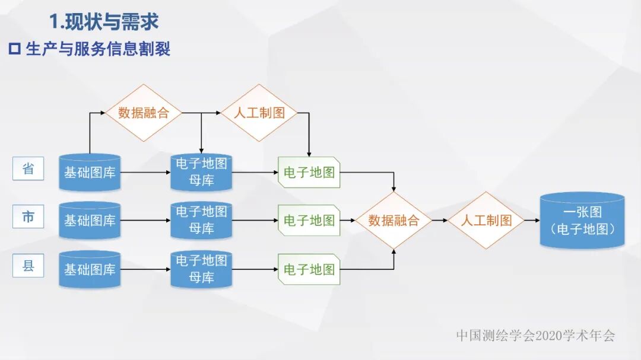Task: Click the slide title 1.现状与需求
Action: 104,22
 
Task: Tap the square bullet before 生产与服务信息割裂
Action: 15,49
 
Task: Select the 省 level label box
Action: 28,169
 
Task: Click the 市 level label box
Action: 28,217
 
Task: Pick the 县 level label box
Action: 28,266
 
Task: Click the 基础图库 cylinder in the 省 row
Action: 90,173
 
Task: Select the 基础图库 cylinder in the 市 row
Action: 90,221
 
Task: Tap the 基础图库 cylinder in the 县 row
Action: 90,269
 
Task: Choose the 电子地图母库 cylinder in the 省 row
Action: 201,172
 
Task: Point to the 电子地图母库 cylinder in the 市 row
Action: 201,220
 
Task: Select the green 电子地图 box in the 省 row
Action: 309,173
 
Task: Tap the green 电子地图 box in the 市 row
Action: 309,221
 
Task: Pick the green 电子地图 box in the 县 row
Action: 309,269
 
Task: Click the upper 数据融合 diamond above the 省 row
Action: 144,113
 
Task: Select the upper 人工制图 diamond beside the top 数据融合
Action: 259,113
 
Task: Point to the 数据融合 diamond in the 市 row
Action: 394,221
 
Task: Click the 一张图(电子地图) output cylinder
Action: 582,221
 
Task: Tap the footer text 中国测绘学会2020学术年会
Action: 535,336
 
